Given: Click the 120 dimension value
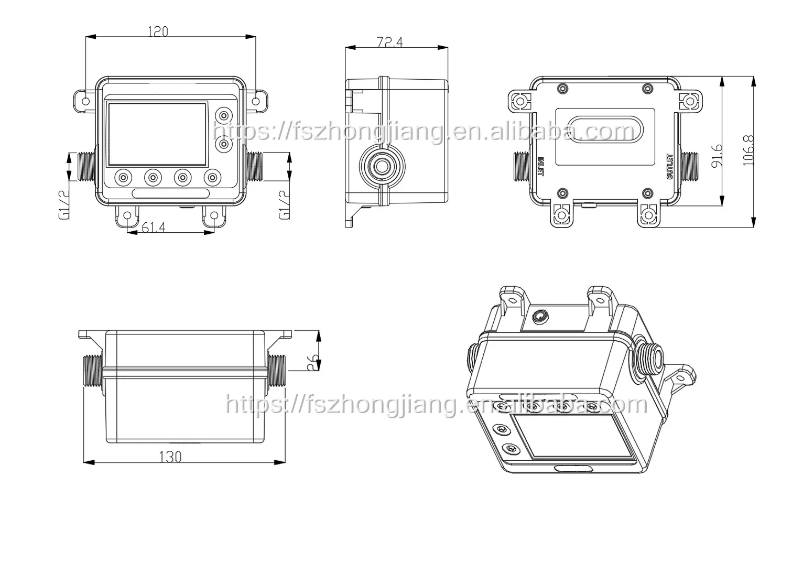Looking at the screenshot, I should [158, 31].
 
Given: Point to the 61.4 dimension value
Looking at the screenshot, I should [154, 227].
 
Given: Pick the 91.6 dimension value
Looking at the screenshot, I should [717, 155].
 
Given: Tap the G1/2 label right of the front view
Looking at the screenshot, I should [283, 204].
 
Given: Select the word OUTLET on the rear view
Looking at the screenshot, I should [669, 167].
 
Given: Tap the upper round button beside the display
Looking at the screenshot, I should [224, 115].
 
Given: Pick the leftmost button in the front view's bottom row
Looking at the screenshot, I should [123, 178].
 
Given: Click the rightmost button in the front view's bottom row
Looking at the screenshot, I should [212, 178].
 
